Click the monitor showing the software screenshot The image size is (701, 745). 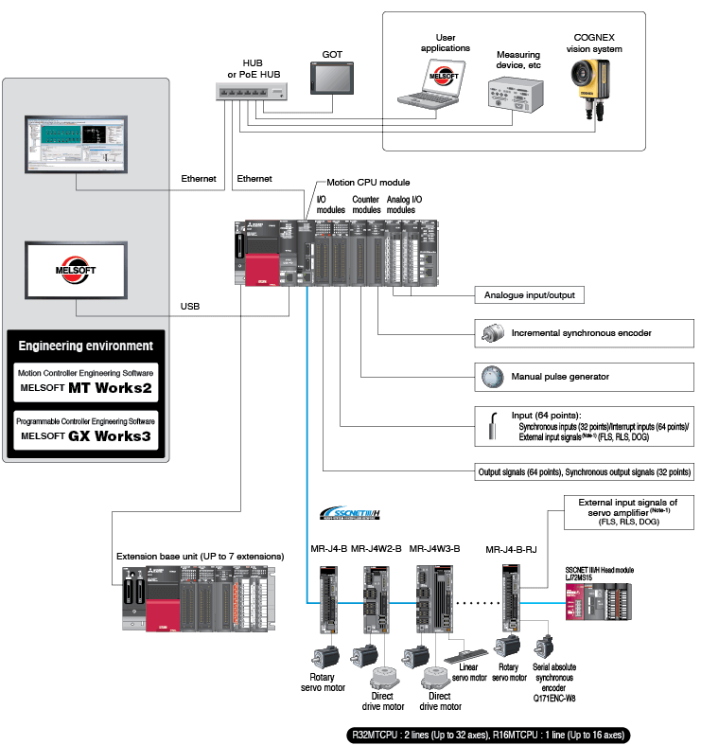click(76, 144)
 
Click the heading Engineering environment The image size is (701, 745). click(85, 346)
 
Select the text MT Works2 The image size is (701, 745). click(114, 388)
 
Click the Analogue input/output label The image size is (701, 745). click(529, 295)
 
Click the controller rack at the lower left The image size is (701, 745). click(198, 598)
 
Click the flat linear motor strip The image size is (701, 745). click(474, 653)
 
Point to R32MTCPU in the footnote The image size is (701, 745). click(375, 735)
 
